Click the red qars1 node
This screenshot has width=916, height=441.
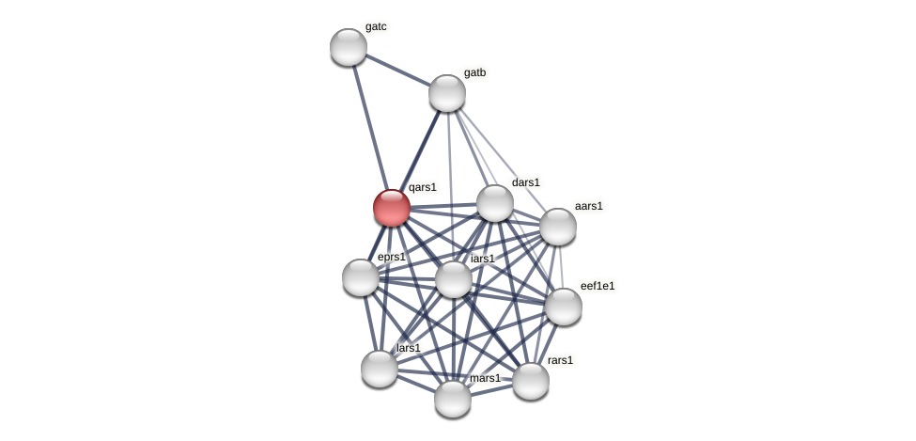click(392, 208)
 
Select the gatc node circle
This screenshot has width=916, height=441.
click(349, 47)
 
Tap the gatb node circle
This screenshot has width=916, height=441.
click(447, 93)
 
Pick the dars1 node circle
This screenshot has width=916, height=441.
click(495, 203)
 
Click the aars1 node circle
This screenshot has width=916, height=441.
click(558, 227)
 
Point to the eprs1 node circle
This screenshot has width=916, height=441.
click(361, 277)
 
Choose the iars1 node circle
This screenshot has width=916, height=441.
click(454, 279)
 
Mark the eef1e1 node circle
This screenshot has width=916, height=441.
click(564, 307)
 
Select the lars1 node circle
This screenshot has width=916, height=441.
click(380, 369)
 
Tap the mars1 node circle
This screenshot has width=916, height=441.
click(453, 399)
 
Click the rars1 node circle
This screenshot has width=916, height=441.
click(531, 381)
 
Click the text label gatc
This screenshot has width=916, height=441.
click(376, 26)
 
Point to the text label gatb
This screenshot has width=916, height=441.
click(474, 72)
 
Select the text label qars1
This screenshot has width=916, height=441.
click(423, 187)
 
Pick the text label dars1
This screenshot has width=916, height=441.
click(526, 182)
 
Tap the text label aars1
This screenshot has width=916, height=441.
click(589, 206)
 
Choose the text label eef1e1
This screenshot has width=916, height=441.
click(598, 286)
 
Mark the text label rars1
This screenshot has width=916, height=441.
click(560, 360)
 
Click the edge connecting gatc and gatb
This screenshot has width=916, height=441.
click(397, 70)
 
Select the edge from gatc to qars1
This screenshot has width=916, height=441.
click(370, 127)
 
